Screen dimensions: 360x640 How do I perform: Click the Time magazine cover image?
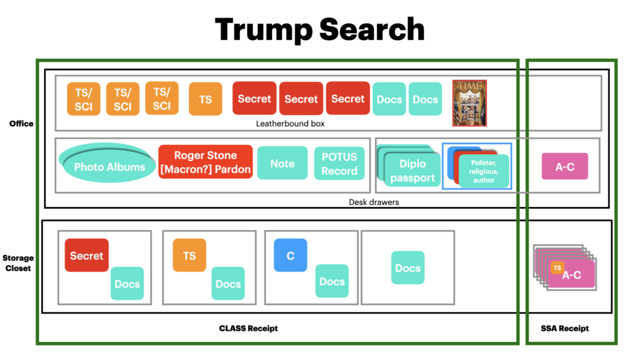[x=469, y=103]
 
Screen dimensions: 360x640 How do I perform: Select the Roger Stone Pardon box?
[x=206, y=162]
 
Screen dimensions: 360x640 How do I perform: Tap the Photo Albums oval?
[x=108, y=165]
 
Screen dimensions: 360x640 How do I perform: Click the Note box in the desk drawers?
[x=282, y=163]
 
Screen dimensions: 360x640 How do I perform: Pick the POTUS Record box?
[x=339, y=164]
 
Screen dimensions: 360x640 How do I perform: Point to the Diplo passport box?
[x=413, y=170]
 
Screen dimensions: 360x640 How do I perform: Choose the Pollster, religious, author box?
[x=483, y=170]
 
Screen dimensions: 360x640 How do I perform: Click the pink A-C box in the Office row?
[x=564, y=166]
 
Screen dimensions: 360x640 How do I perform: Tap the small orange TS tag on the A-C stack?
[x=557, y=267]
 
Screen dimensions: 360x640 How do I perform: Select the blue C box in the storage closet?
[x=290, y=255]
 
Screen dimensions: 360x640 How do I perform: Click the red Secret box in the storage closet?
[x=86, y=255]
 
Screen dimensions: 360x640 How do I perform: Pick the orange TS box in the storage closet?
[x=189, y=255]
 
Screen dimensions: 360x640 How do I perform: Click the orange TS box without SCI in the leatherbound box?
[x=205, y=99]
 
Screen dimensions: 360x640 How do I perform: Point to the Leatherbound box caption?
[x=290, y=124]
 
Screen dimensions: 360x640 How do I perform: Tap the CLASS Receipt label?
[x=249, y=328]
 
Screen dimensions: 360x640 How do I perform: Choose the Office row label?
[x=21, y=123]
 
